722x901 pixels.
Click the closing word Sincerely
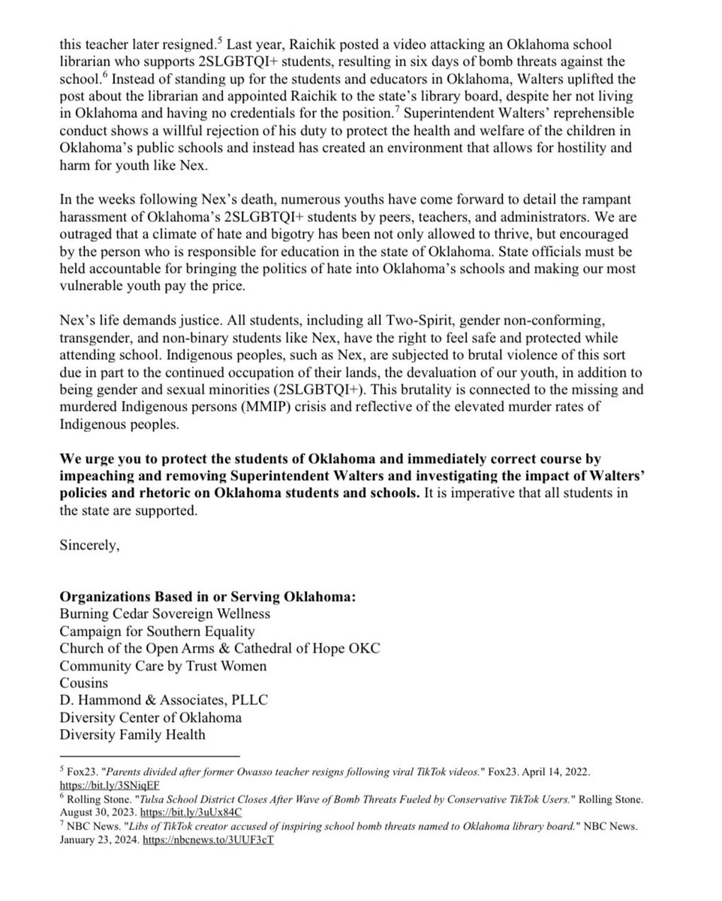click(89, 546)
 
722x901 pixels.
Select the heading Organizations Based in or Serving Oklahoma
click(207, 597)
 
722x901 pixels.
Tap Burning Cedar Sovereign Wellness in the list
click(165, 613)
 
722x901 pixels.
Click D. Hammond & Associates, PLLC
click(164, 700)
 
